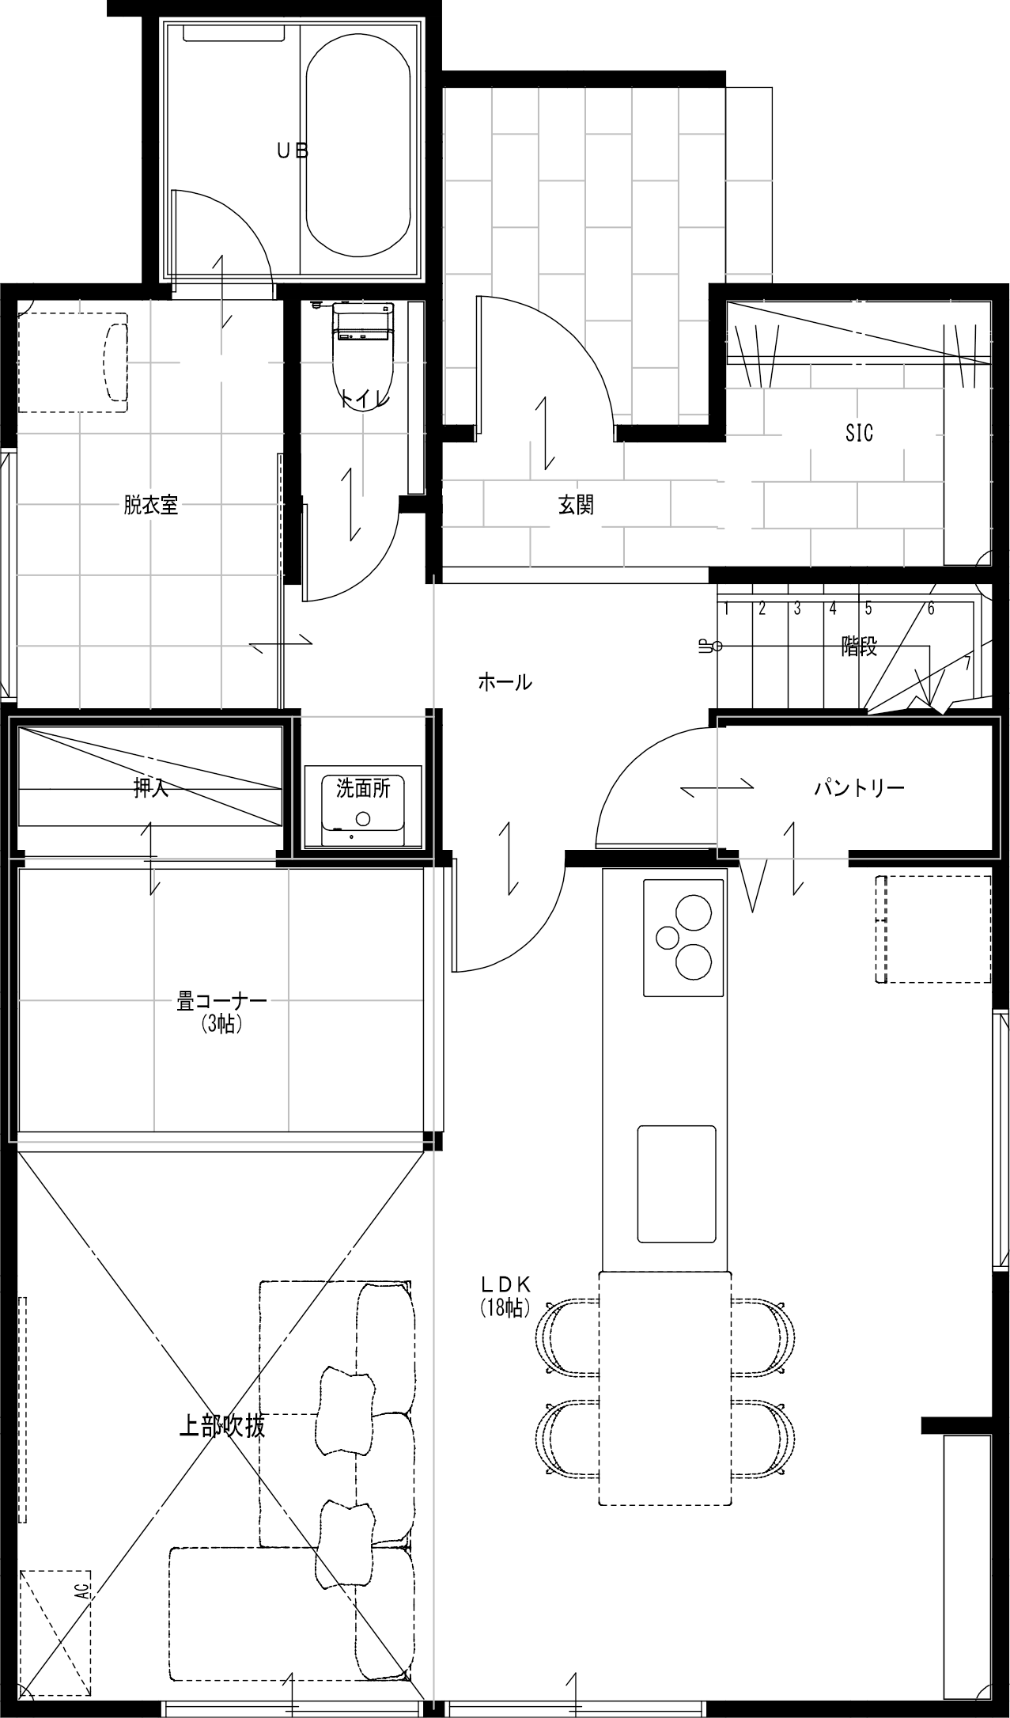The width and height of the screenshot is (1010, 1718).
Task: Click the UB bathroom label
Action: tap(292, 150)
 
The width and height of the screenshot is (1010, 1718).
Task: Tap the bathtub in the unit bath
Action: tap(358, 146)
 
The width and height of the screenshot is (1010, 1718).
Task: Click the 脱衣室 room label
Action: tap(150, 505)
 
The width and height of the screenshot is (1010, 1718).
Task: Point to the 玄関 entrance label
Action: tap(576, 505)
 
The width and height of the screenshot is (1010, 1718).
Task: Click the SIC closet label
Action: tap(859, 433)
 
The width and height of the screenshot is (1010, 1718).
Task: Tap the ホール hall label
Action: tap(505, 681)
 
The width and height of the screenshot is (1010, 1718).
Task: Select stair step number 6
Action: tap(931, 609)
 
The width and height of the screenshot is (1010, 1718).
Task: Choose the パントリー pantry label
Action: tap(859, 787)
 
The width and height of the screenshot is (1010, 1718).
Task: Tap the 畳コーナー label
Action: tap(221, 1002)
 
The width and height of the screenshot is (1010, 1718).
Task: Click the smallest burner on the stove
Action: tap(668, 937)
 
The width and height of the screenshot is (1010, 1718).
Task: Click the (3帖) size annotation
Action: tap(221, 1023)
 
